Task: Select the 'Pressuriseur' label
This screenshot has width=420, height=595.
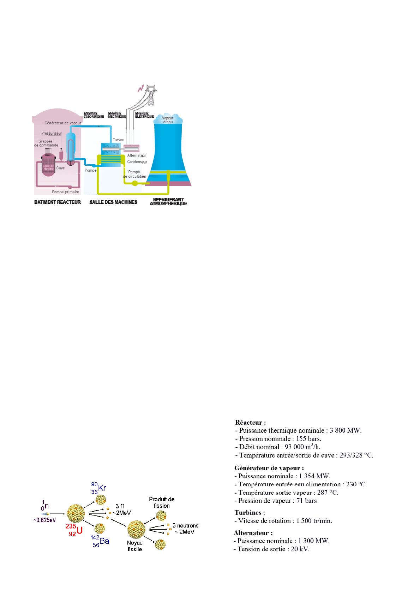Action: tap(52, 134)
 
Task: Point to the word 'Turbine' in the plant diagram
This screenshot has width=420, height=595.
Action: tap(118, 140)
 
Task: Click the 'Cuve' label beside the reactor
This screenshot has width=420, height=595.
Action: tap(60, 168)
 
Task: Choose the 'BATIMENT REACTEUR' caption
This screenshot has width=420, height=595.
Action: tap(57, 202)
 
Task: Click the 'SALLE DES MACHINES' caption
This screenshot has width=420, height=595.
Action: tap(113, 202)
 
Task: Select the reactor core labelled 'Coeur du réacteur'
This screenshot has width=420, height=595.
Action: tap(48, 167)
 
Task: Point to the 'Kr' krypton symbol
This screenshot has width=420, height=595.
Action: tap(102, 488)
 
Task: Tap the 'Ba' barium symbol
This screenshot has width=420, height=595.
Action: tap(104, 541)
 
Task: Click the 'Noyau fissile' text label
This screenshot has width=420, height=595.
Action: tap(134, 546)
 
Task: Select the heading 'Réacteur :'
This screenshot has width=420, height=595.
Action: tap(250, 422)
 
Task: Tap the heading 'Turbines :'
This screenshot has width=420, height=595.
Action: tap(250, 512)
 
